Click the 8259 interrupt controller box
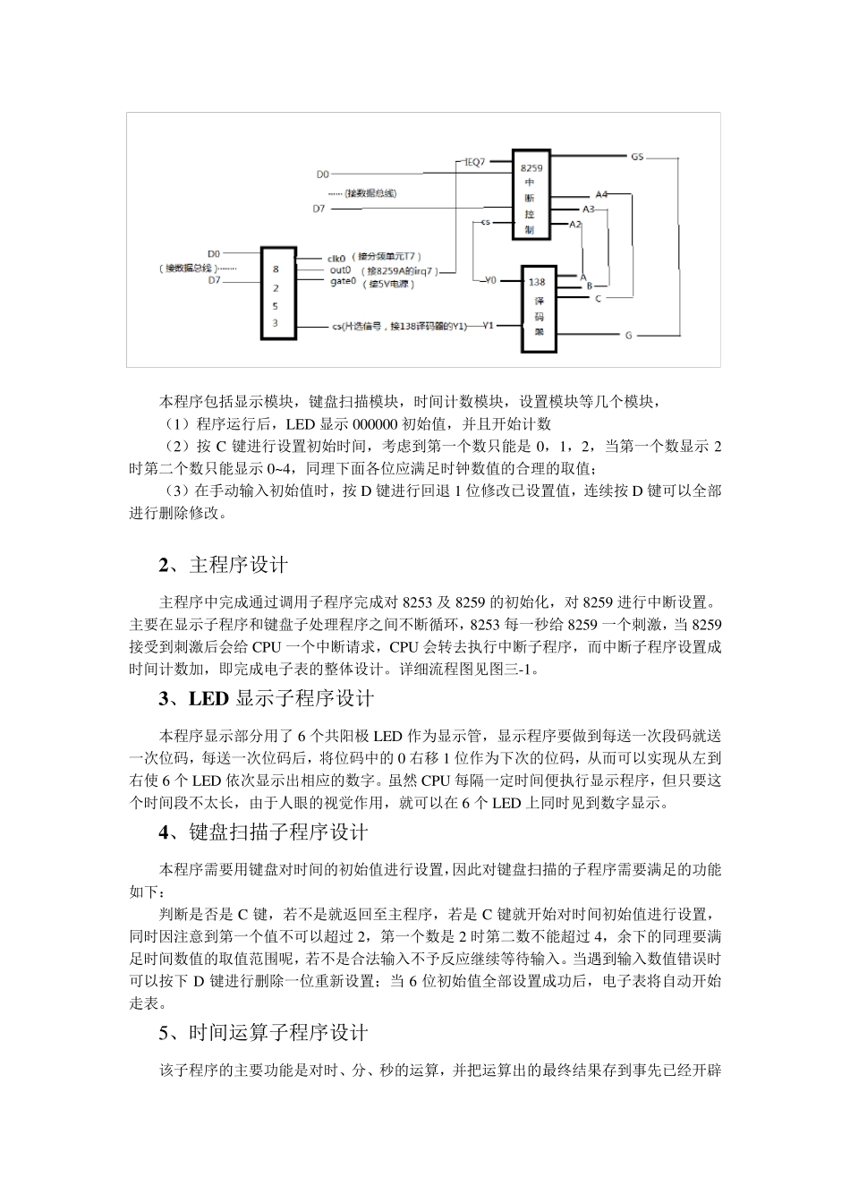(x=531, y=194)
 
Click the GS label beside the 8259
(x=637, y=156)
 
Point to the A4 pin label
(x=601, y=193)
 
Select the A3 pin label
(x=588, y=209)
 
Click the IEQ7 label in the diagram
(x=474, y=163)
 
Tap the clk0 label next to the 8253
(x=339, y=255)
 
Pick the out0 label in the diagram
(x=339, y=269)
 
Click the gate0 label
(x=343, y=281)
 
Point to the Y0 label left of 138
(x=489, y=280)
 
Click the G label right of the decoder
(x=628, y=335)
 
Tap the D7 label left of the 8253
(x=214, y=280)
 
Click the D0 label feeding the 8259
(x=322, y=174)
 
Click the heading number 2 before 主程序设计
(x=164, y=565)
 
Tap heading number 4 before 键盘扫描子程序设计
(x=164, y=832)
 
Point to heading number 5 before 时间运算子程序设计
(x=164, y=1033)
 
